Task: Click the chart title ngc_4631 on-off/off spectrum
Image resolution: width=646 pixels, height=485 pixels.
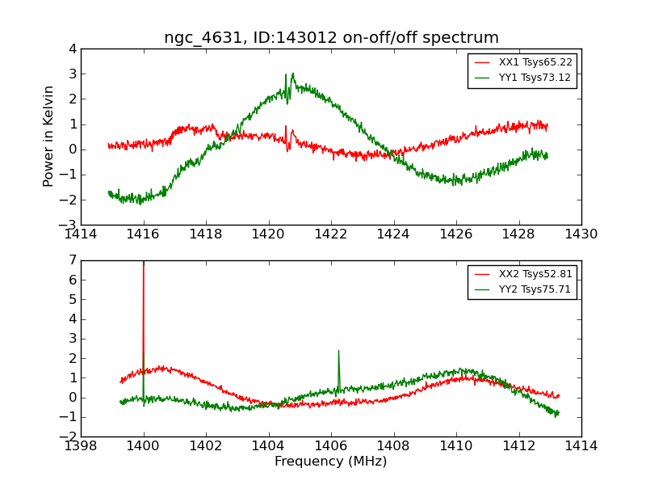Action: pyautogui.click(x=331, y=38)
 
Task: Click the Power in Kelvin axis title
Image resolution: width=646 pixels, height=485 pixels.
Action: pyautogui.click(x=49, y=136)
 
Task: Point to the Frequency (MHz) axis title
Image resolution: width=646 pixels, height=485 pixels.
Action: pyautogui.click(x=331, y=462)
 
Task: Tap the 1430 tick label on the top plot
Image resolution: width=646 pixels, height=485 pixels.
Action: pyautogui.click(x=581, y=234)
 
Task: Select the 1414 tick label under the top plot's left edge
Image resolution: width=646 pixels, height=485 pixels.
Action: pyautogui.click(x=81, y=234)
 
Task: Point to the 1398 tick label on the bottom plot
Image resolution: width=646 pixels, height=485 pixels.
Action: pyautogui.click(x=81, y=446)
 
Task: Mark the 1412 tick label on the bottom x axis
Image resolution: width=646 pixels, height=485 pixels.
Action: pyautogui.click(x=518, y=446)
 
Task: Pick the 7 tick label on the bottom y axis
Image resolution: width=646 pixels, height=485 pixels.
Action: pyautogui.click(x=73, y=260)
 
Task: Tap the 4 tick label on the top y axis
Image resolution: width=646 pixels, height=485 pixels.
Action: pyautogui.click(x=73, y=48)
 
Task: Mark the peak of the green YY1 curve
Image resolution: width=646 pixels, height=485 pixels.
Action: pyautogui.click(x=292, y=75)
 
